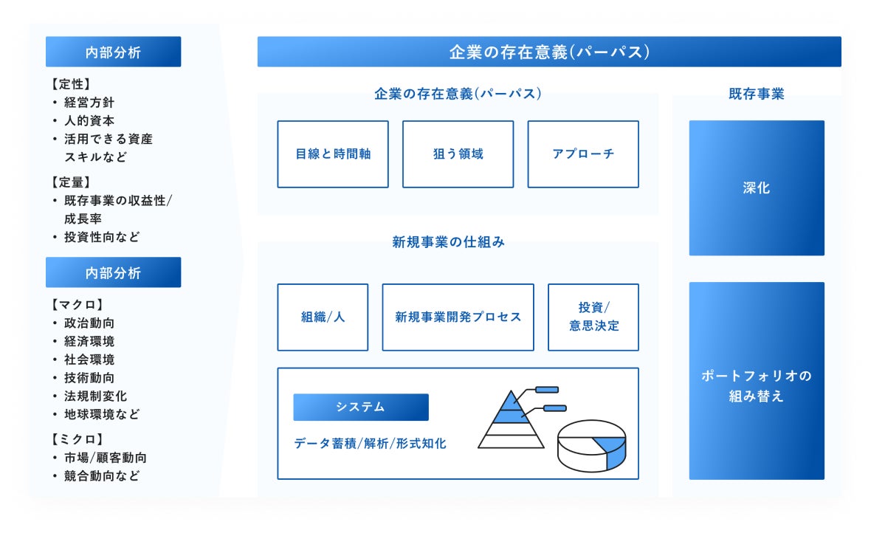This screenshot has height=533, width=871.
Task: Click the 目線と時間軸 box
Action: click(x=333, y=154)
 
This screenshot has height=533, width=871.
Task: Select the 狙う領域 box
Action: click(x=458, y=154)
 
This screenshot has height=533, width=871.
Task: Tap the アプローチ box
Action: click(x=583, y=154)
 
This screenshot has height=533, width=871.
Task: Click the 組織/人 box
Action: click(x=323, y=317)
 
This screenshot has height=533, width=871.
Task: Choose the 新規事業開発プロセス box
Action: click(x=458, y=317)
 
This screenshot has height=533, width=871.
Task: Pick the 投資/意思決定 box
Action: click(x=593, y=317)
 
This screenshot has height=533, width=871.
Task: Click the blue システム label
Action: click(x=360, y=408)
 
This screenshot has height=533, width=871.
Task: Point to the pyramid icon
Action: click(x=511, y=421)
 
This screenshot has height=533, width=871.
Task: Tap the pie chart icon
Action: click(x=591, y=446)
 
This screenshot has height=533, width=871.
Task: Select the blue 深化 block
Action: click(x=757, y=188)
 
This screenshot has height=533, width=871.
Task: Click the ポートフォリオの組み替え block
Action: click(x=757, y=386)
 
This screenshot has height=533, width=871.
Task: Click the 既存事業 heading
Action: click(x=757, y=94)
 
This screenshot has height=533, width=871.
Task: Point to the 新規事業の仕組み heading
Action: click(x=449, y=242)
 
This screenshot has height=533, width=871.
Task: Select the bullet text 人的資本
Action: click(x=89, y=120)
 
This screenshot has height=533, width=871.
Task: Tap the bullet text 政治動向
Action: click(x=89, y=323)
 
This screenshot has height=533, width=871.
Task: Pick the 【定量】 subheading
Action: click(x=71, y=182)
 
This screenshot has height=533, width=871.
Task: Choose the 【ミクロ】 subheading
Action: click(x=77, y=439)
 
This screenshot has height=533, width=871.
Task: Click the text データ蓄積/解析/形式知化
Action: click(x=370, y=444)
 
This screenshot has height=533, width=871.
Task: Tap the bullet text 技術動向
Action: click(x=89, y=378)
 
